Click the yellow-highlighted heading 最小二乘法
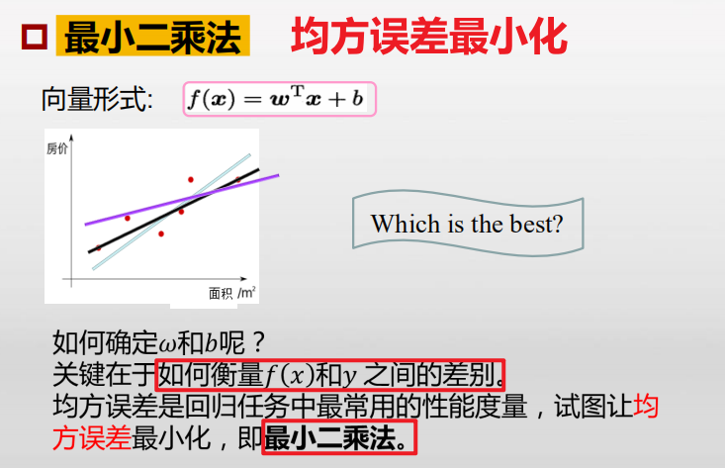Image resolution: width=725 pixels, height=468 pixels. click(x=152, y=39)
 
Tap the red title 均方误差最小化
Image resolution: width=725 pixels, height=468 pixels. click(x=429, y=38)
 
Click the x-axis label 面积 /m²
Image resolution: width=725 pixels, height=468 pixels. click(x=231, y=292)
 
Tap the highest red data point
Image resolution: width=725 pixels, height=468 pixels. click(x=190, y=179)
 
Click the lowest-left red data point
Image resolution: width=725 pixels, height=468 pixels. click(x=98, y=247)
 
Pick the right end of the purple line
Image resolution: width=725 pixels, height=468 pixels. click(x=278, y=175)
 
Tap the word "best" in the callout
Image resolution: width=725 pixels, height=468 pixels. click(x=535, y=224)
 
